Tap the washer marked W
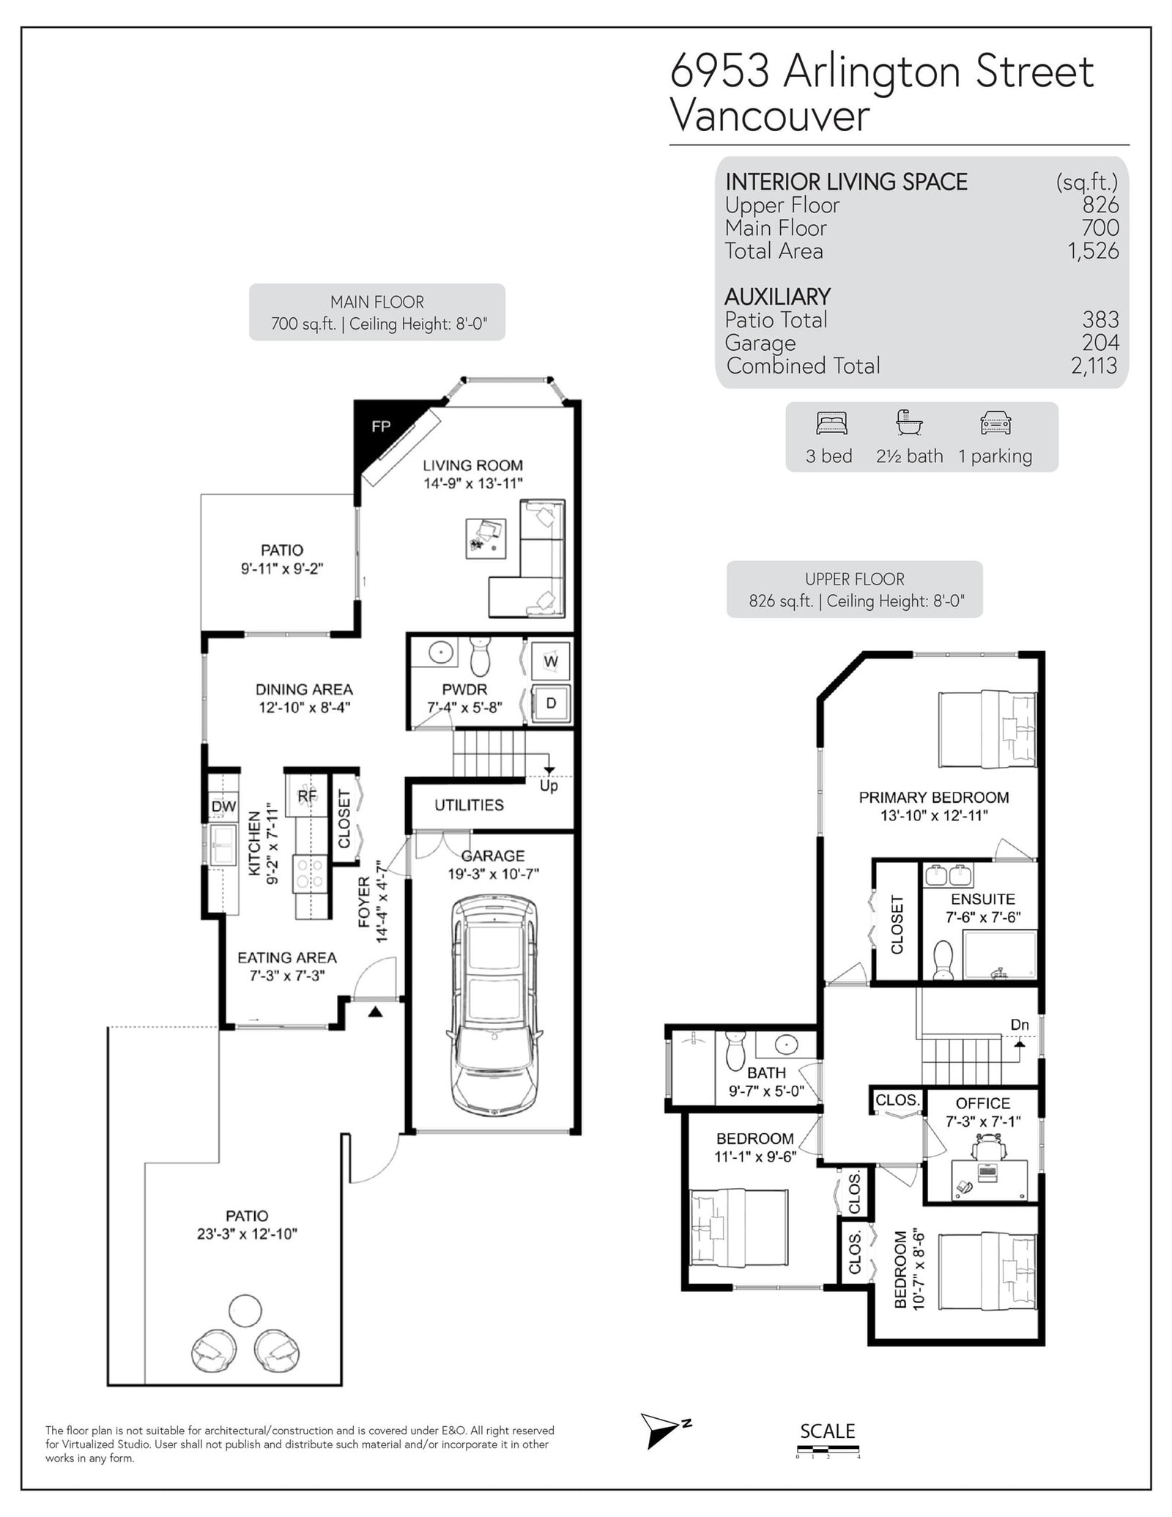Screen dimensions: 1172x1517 coord(551,661)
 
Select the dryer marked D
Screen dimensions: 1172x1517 coord(551,704)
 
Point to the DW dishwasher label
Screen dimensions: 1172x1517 coord(223,806)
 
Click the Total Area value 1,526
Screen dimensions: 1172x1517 coord(1093,251)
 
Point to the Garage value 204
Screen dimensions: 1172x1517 coord(1101,343)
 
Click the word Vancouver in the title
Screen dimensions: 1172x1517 coord(770,116)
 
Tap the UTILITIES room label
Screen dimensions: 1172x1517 coord(469,805)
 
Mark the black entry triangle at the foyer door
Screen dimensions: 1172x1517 coord(376,1013)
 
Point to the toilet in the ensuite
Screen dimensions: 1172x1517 coord(943,960)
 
